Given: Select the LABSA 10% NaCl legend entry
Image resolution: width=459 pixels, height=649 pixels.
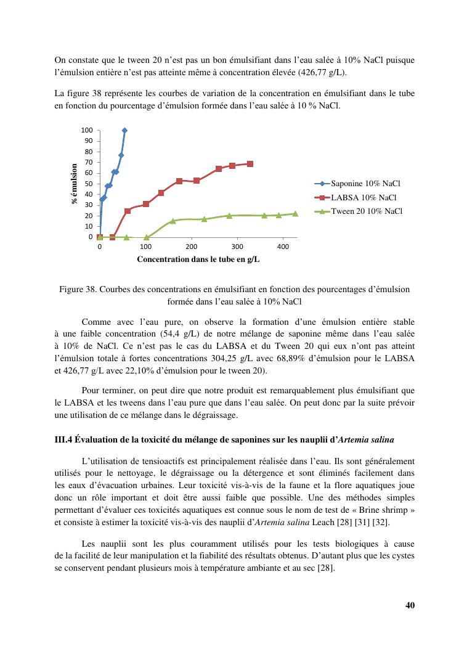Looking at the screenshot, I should click(363, 197).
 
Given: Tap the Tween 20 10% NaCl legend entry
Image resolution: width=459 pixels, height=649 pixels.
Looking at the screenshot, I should click(367, 211).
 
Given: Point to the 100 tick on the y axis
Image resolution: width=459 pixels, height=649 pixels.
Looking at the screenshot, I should click(87, 131).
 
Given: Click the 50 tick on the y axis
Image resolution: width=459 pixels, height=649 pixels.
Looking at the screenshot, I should click(89, 184).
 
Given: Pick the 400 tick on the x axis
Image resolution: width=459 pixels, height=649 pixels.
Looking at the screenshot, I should click(283, 247).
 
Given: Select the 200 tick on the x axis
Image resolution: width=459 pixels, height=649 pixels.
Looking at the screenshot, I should click(191, 247).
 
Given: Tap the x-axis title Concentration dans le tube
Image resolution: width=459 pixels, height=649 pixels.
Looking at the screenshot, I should click(198, 259).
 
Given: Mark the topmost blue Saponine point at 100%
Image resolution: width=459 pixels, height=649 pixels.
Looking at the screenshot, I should click(124, 131).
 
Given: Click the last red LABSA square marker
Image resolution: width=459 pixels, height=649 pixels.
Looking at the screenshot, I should click(250, 164).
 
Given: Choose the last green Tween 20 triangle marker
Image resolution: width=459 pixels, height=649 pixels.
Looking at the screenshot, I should click(295, 214).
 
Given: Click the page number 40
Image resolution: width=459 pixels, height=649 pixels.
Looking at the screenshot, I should click(410, 605).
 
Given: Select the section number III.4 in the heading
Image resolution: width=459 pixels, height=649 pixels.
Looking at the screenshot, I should click(64, 439).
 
